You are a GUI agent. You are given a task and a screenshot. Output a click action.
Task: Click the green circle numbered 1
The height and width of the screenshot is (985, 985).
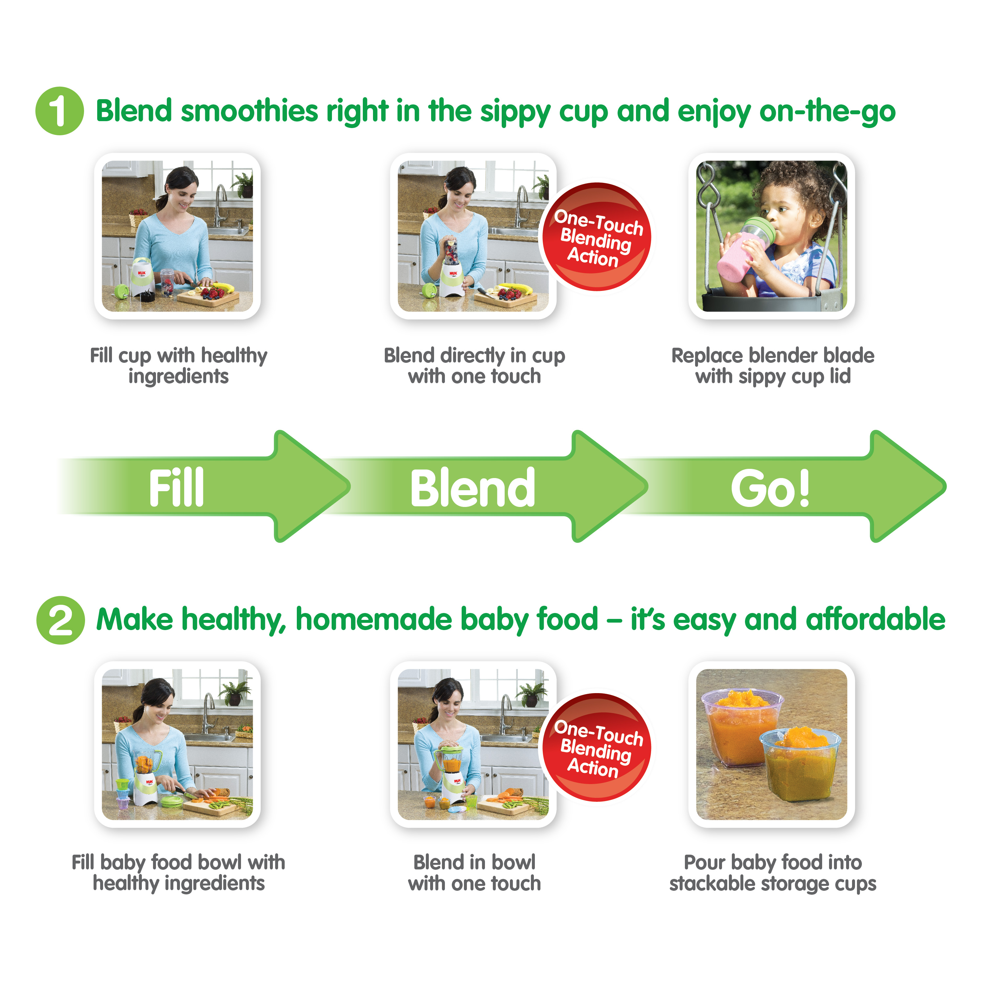point(60,111)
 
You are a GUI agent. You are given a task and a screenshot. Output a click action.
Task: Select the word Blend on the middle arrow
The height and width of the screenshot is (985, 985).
point(472,488)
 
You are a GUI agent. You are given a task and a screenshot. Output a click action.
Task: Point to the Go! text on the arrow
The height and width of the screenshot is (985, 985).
point(770,488)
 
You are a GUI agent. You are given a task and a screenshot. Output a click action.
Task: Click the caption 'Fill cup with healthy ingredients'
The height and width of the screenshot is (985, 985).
point(178,365)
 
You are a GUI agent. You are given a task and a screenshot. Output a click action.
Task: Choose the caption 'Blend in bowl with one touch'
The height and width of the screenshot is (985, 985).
point(474,872)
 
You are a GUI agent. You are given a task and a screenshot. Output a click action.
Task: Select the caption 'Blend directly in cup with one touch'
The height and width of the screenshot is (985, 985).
point(474,365)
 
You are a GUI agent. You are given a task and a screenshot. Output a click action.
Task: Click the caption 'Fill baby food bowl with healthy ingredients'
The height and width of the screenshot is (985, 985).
point(178,872)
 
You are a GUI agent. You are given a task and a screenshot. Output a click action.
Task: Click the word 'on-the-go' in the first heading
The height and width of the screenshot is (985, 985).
point(827,112)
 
